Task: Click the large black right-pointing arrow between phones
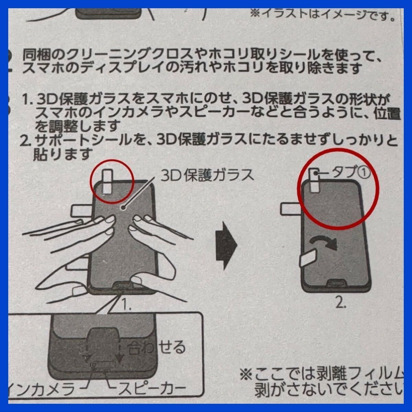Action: click(226, 244)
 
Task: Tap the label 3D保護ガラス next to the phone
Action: click(207, 175)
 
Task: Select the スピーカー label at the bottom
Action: click(152, 389)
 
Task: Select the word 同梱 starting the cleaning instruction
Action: click(33, 54)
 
